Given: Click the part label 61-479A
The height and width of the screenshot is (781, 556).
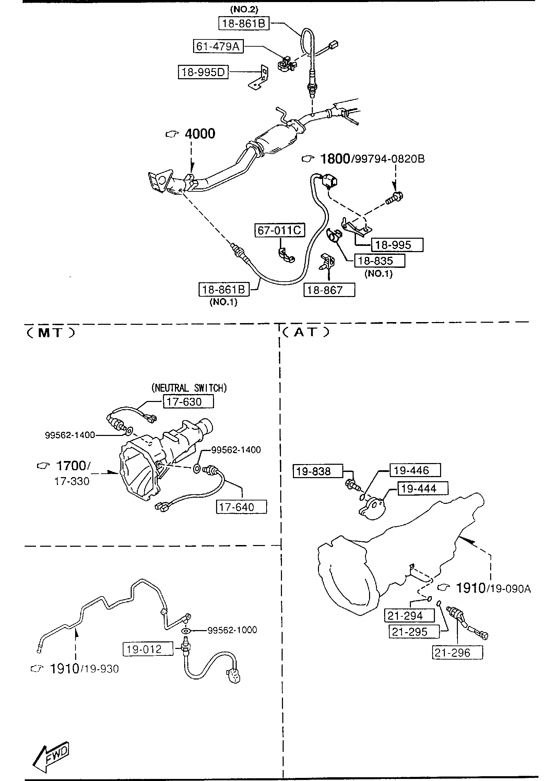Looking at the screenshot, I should pyautogui.click(x=218, y=46).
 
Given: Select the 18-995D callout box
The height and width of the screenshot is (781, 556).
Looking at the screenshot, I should pyautogui.click(x=203, y=72).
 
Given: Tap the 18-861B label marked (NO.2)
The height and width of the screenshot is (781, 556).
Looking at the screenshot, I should pyautogui.click(x=244, y=23).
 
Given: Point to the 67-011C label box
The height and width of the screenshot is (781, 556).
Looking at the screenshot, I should pyautogui.click(x=280, y=230).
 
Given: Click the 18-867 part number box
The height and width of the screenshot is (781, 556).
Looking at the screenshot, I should pyautogui.click(x=329, y=290).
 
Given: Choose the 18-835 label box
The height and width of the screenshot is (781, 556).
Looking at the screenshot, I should pyautogui.click(x=379, y=261).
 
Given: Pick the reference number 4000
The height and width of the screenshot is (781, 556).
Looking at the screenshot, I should pyautogui.click(x=200, y=134).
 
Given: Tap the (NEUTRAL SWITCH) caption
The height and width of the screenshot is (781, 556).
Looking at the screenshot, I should pyautogui.click(x=189, y=388).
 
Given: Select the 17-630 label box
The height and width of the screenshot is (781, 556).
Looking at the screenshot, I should pyautogui.click(x=188, y=401).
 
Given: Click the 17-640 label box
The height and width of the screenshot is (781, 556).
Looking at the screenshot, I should pyautogui.click(x=241, y=507).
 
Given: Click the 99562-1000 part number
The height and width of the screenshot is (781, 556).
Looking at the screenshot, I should pyautogui.click(x=232, y=630).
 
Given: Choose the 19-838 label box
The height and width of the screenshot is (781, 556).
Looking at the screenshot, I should pyautogui.click(x=318, y=471).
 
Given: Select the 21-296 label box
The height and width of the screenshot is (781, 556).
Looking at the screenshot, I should pyautogui.click(x=457, y=652).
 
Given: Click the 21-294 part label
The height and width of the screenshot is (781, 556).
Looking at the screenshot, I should pyautogui.click(x=409, y=616).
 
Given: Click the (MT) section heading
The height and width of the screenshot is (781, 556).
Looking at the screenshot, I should pyautogui.click(x=50, y=333).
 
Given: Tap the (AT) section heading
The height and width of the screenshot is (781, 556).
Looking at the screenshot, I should pyautogui.click(x=306, y=332).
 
